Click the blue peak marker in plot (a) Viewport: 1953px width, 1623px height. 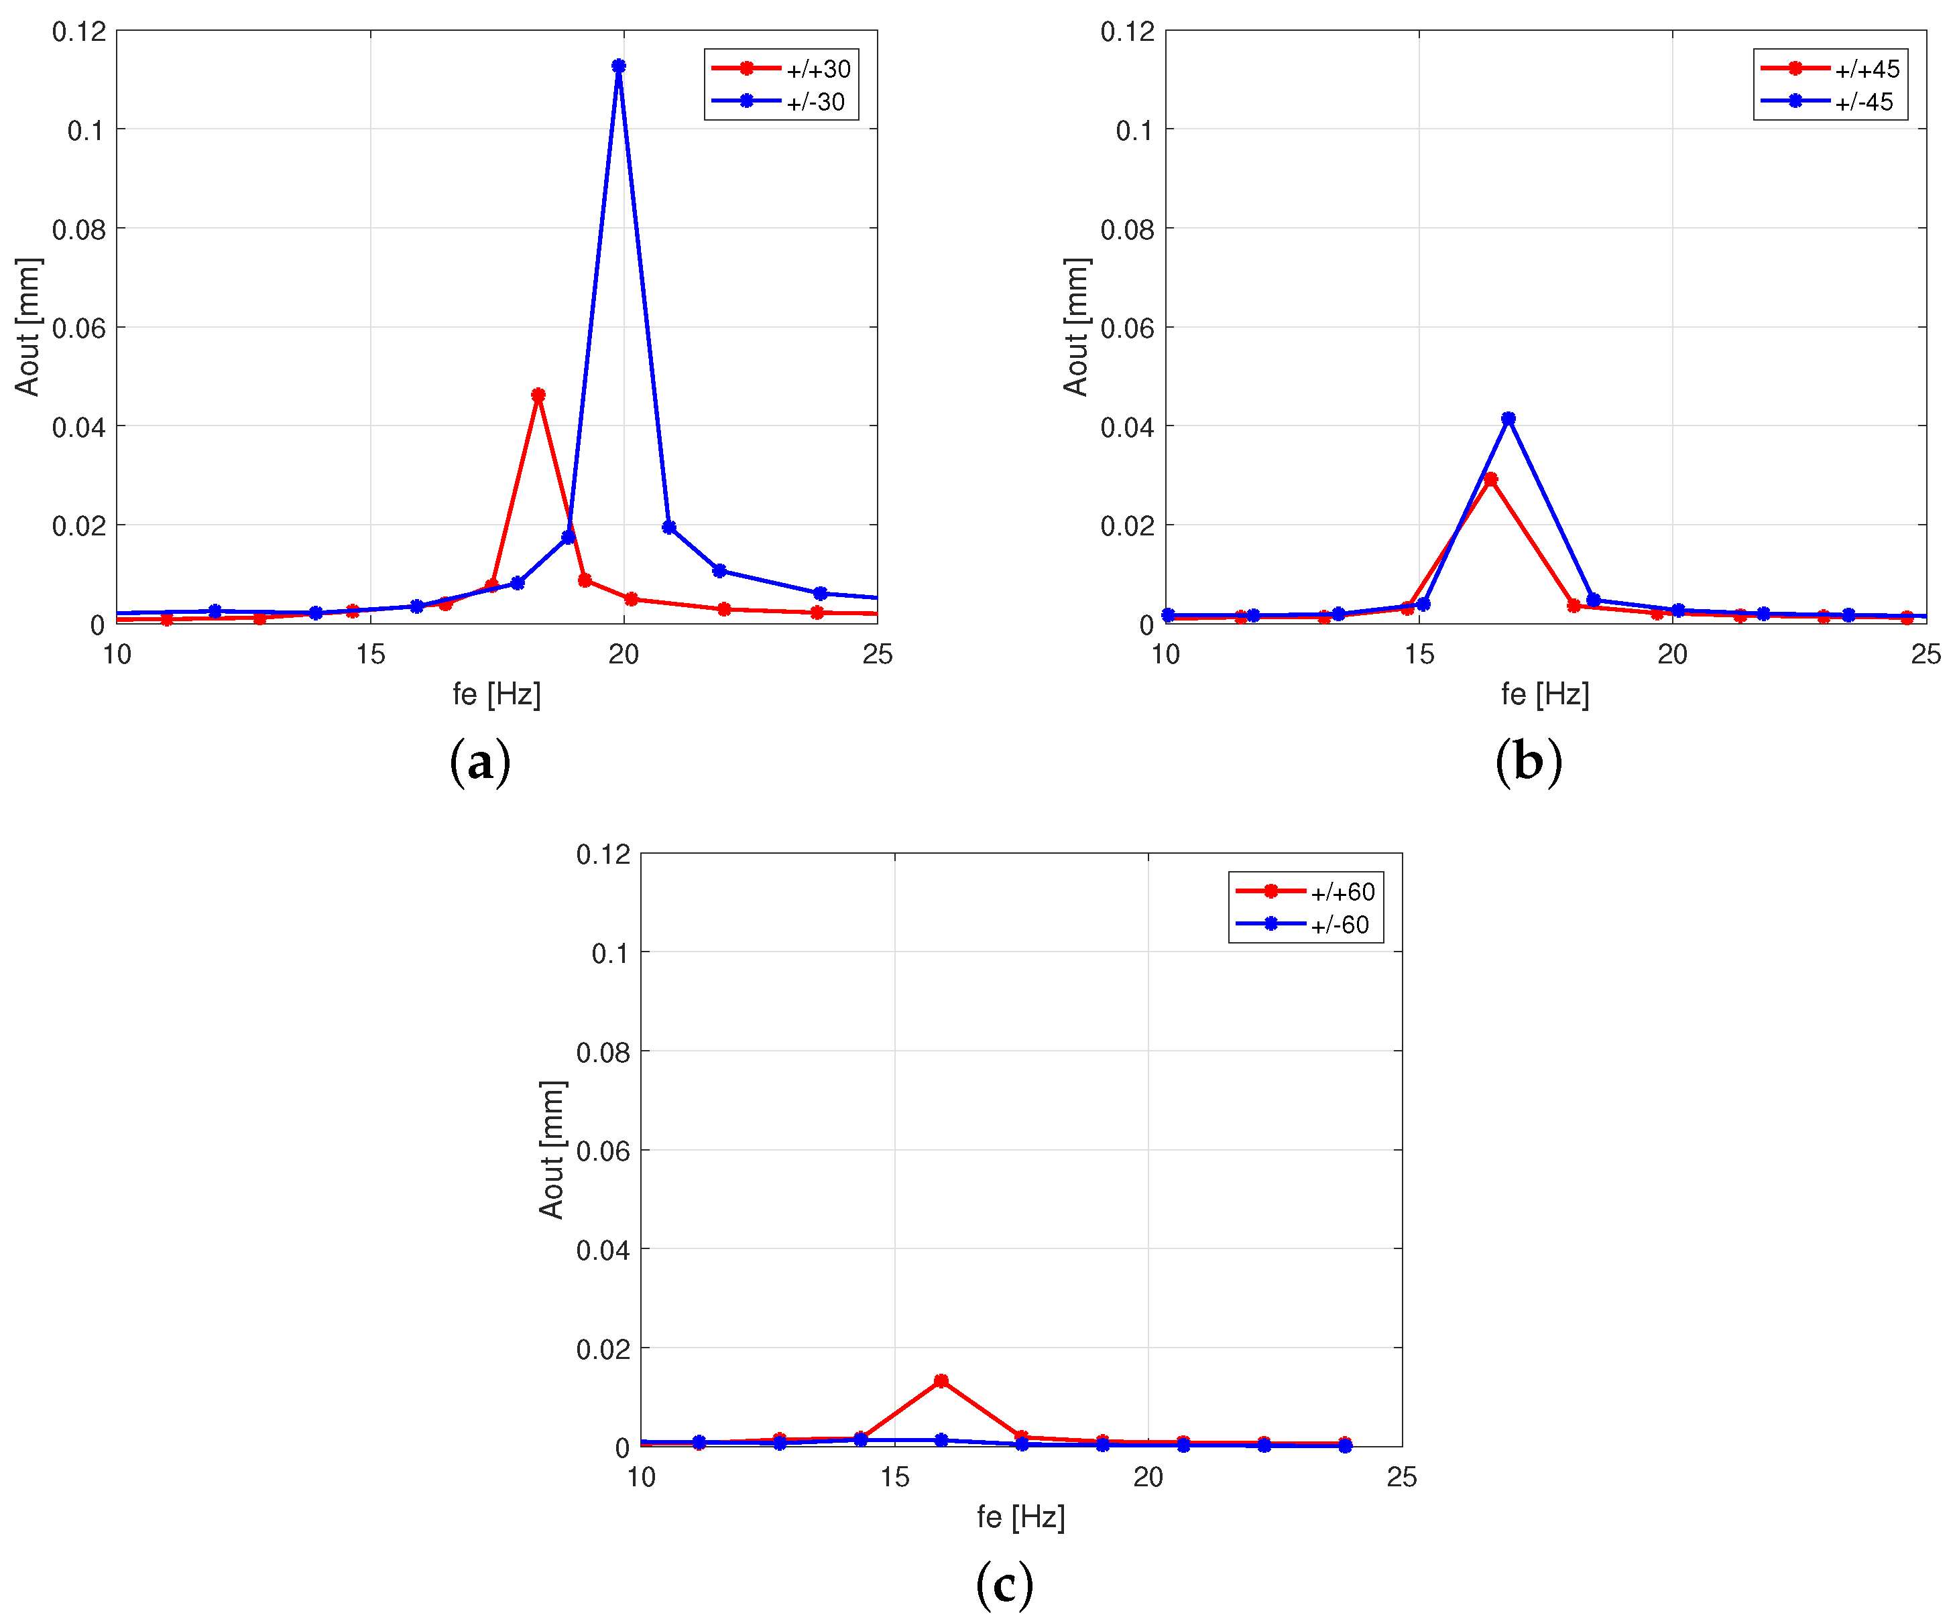tap(618, 66)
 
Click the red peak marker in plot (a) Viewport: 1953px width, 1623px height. tap(538, 395)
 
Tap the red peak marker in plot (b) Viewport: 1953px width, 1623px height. tap(1490, 480)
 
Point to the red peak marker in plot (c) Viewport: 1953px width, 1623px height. tap(941, 1380)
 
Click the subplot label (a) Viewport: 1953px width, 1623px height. tap(480, 762)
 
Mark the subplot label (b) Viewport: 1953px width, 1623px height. tap(1528, 762)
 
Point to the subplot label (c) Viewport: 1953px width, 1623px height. tap(1004, 1585)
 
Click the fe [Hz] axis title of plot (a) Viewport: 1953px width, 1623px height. tap(497, 694)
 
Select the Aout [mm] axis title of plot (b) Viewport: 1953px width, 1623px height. tap(1076, 327)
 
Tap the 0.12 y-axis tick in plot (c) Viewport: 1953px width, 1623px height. tap(603, 854)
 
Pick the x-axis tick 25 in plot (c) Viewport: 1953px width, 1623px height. tap(1401, 1477)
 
